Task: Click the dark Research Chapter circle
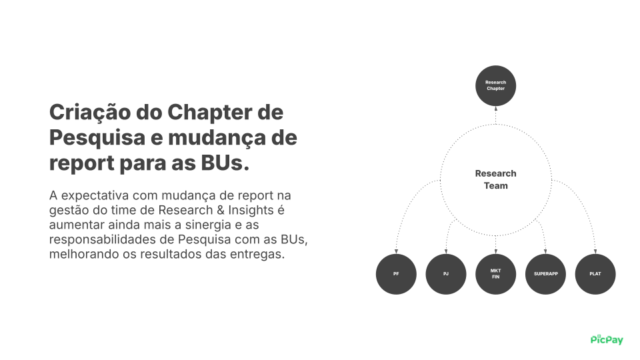click(x=495, y=85)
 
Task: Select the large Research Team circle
click(x=495, y=179)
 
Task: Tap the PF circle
click(x=396, y=274)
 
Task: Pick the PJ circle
click(x=446, y=274)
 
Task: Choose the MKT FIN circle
click(x=495, y=274)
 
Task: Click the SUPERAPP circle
click(x=545, y=274)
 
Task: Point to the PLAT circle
click(x=595, y=274)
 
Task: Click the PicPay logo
click(x=607, y=339)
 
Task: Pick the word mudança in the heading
click(x=213, y=138)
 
